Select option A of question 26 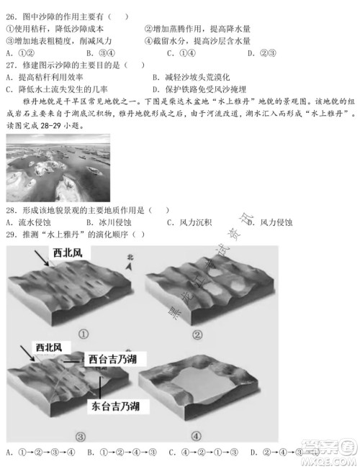(x=17, y=53)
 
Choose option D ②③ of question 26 (x=259, y=53)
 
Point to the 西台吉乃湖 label (x=113, y=358)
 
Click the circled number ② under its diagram (x=197, y=334)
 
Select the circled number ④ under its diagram (x=197, y=434)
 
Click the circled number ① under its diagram (x=84, y=334)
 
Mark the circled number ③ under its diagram (x=80, y=434)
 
